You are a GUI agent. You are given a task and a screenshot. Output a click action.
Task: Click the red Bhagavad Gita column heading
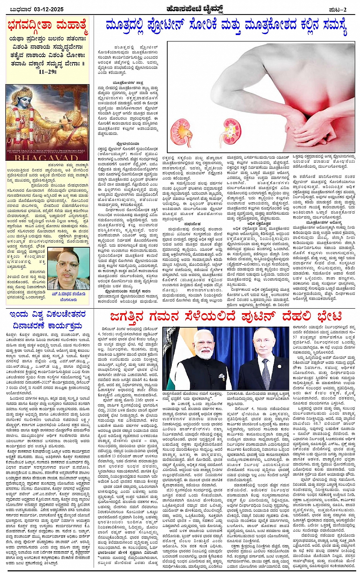48,27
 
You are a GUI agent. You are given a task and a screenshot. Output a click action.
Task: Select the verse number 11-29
47,71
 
